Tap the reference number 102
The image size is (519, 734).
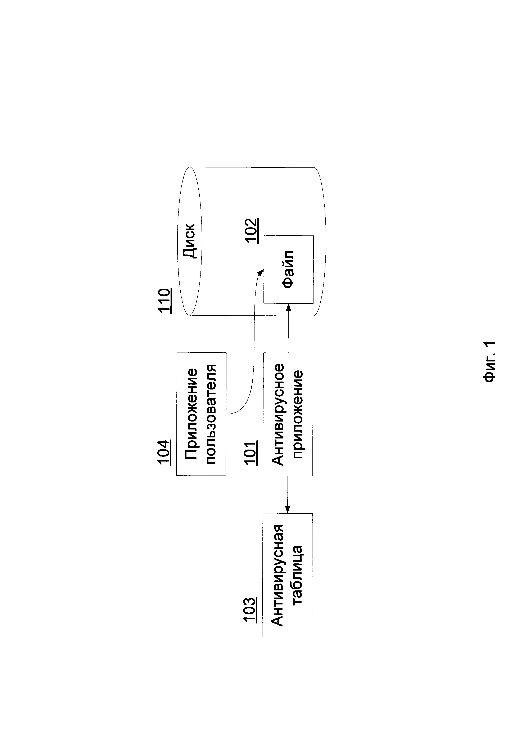[x=252, y=231]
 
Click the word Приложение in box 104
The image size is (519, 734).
[x=191, y=414]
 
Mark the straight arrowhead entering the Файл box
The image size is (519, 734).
[x=288, y=307]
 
